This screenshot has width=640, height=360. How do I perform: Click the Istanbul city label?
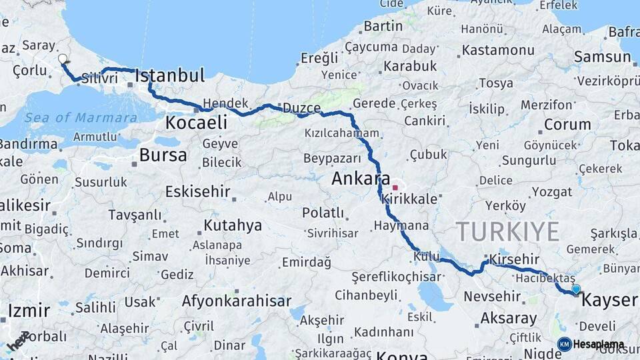[x=169, y=76]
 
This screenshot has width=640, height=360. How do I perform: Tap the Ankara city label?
[x=361, y=179]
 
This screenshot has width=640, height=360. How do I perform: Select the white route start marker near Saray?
[x=63, y=59]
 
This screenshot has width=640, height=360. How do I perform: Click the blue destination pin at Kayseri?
[x=576, y=289]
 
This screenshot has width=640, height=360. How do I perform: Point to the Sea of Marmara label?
[x=81, y=118]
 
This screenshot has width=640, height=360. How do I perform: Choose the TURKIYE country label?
[x=508, y=232]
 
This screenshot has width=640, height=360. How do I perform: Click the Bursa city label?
[x=163, y=156]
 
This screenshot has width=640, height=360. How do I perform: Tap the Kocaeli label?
[x=196, y=123]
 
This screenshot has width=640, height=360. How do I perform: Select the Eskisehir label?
[x=197, y=192]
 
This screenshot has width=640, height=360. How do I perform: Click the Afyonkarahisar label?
[x=237, y=301]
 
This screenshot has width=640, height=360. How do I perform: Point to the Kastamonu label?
[x=498, y=51]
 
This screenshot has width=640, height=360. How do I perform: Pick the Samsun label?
[x=602, y=57]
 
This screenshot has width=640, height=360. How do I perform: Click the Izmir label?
[x=29, y=311]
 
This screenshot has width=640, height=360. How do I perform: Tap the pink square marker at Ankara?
[x=395, y=187]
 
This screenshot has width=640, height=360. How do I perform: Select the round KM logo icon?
[x=565, y=344]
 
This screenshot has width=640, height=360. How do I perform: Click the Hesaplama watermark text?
[x=599, y=345]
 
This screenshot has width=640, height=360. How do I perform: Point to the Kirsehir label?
[x=513, y=259]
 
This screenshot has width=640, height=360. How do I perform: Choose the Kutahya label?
[x=233, y=225]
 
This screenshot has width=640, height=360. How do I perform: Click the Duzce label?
[x=301, y=108]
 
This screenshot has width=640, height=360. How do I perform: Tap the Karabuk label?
[x=409, y=66]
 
